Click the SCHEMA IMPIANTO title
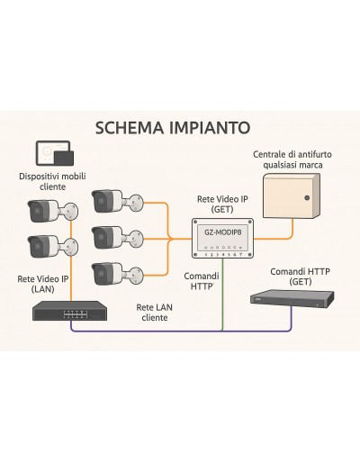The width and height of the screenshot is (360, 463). coord(173,128)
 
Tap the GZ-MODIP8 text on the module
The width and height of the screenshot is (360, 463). coord(223,232)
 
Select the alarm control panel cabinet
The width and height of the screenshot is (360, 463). coord(292,195)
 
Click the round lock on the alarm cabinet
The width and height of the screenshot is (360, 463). coord(307,198)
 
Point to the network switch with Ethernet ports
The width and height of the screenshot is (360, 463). coord(70,311)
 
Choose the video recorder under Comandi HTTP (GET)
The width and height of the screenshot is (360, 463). coord(292,297)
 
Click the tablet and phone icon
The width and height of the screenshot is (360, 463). coord(54,153)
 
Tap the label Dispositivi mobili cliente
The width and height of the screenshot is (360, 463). coord(52,181)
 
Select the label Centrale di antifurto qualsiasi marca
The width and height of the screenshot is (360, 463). coord(292,159)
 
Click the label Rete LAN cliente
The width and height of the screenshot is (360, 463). coord(155,313)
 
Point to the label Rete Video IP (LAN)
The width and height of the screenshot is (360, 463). coord(43,284)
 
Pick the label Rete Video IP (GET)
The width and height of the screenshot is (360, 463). coord(222,204)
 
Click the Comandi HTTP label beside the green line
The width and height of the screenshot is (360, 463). coord(202,281)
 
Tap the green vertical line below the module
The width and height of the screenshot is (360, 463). coord(222,295)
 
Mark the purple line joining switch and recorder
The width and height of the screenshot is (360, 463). coord(181,331)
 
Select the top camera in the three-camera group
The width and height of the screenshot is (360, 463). coord(117,201)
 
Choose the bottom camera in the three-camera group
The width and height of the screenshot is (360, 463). coord(117,274)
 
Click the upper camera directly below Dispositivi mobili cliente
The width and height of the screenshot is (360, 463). coord(52,211)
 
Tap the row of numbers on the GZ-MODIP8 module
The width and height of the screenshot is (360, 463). coord(223,255)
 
